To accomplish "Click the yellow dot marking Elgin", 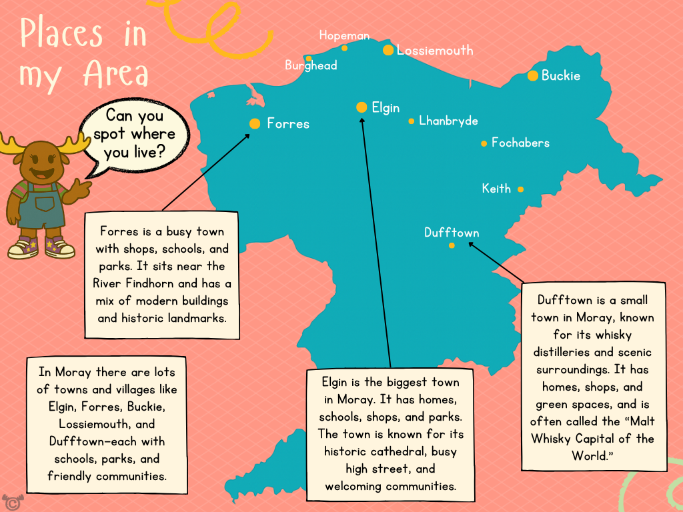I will pos(362,107).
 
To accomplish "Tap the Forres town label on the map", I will pos(288,124).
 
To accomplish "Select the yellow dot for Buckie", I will pos(533,76).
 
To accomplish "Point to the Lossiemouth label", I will pos(435,50).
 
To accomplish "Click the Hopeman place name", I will pos(344,35).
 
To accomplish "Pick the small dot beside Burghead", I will pos(309,58).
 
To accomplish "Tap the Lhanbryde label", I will pos(448,121).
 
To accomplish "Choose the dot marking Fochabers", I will pos(484,143).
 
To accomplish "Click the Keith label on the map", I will pos(496,189).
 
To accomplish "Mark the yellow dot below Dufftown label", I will pos(452,245).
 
